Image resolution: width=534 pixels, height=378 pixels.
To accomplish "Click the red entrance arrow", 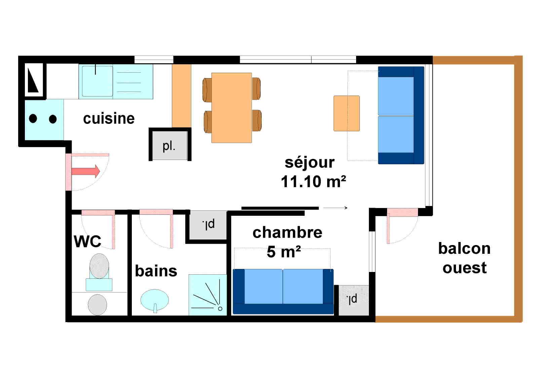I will tap(86, 171).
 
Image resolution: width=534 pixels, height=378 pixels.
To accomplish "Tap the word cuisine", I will tap(109, 118).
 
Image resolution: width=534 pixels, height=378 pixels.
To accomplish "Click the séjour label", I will tap(309, 163).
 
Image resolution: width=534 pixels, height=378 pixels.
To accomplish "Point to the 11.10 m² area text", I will tap(313, 182).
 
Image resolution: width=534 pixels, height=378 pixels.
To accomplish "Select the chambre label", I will tap(287, 233).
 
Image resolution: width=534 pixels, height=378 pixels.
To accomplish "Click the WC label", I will tap(87, 241).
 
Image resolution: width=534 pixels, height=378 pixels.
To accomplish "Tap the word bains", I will tap(156, 271).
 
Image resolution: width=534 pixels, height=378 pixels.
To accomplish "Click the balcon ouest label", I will tap(464, 258).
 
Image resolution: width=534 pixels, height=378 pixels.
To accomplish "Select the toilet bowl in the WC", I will tap(99, 266).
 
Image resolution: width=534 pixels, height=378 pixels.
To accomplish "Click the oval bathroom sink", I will tap(154, 299).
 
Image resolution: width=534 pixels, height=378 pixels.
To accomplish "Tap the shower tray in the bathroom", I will tap(207, 295).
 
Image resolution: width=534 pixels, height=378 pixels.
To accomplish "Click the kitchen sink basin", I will tap(97, 81).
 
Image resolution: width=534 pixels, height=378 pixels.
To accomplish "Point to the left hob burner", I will tap(33, 118).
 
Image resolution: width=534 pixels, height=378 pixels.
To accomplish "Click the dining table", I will tap(232, 108).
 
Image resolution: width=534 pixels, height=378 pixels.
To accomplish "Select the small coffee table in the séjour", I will tap(346, 113).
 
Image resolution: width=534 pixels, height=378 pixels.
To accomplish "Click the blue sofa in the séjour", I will tap(400, 115).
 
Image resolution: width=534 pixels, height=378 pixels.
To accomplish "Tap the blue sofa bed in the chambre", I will tap(283, 291).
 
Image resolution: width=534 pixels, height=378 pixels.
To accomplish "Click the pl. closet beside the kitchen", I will tap(169, 145).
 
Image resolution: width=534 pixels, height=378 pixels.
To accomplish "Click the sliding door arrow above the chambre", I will tap(335, 208).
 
